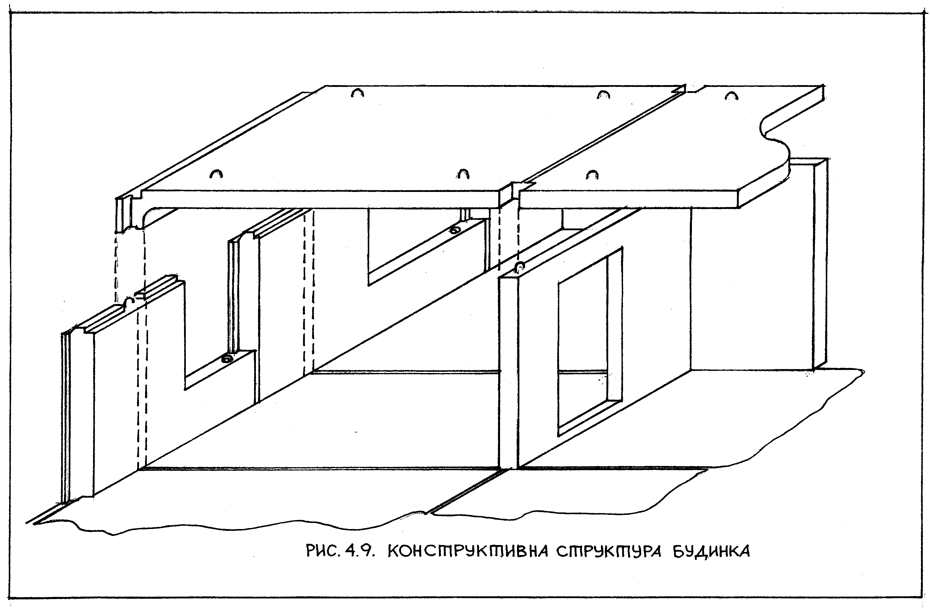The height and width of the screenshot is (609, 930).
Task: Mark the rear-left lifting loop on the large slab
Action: click(x=357, y=93)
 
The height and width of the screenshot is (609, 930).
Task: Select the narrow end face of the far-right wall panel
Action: click(x=820, y=266)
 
